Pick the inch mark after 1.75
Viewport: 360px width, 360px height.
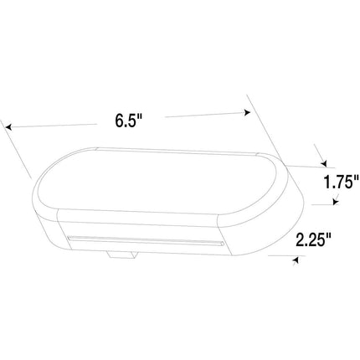[x=357, y=177]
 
